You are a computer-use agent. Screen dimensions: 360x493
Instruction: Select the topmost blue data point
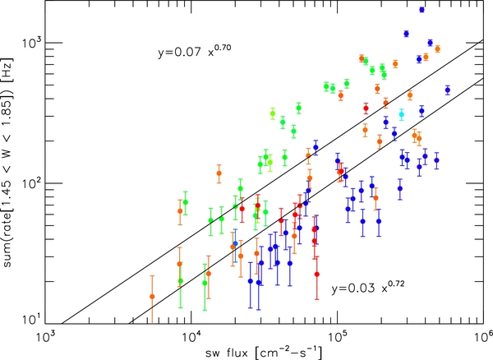[422, 10]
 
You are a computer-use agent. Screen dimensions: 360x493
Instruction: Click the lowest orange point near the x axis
[152, 296]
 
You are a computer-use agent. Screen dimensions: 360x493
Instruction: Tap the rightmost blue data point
[448, 90]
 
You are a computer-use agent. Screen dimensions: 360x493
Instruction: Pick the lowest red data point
[316, 275]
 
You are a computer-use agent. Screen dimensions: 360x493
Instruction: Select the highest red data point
[366, 108]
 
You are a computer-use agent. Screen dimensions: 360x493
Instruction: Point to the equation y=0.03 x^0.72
[369, 288]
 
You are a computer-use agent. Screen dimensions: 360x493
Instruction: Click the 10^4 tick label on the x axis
[191, 336]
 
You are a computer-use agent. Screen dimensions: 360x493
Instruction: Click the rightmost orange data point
[437, 49]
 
